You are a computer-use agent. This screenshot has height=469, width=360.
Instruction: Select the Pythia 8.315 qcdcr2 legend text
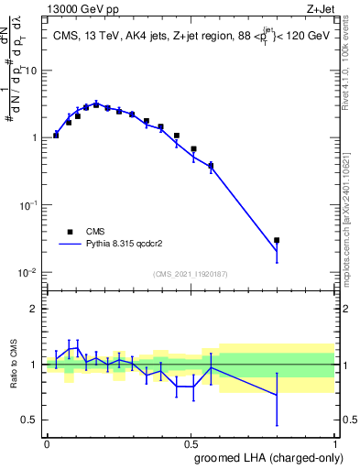pos(138,245)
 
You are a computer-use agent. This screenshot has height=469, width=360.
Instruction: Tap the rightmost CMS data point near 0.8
pos(277,240)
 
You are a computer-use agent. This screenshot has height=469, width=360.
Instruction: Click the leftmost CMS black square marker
pos(56,135)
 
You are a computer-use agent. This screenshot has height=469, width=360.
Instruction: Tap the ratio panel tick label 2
pos(35,309)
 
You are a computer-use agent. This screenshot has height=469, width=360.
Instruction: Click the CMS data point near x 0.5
pos(193,148)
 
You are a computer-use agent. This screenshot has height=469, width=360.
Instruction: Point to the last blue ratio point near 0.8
pos(277,396)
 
